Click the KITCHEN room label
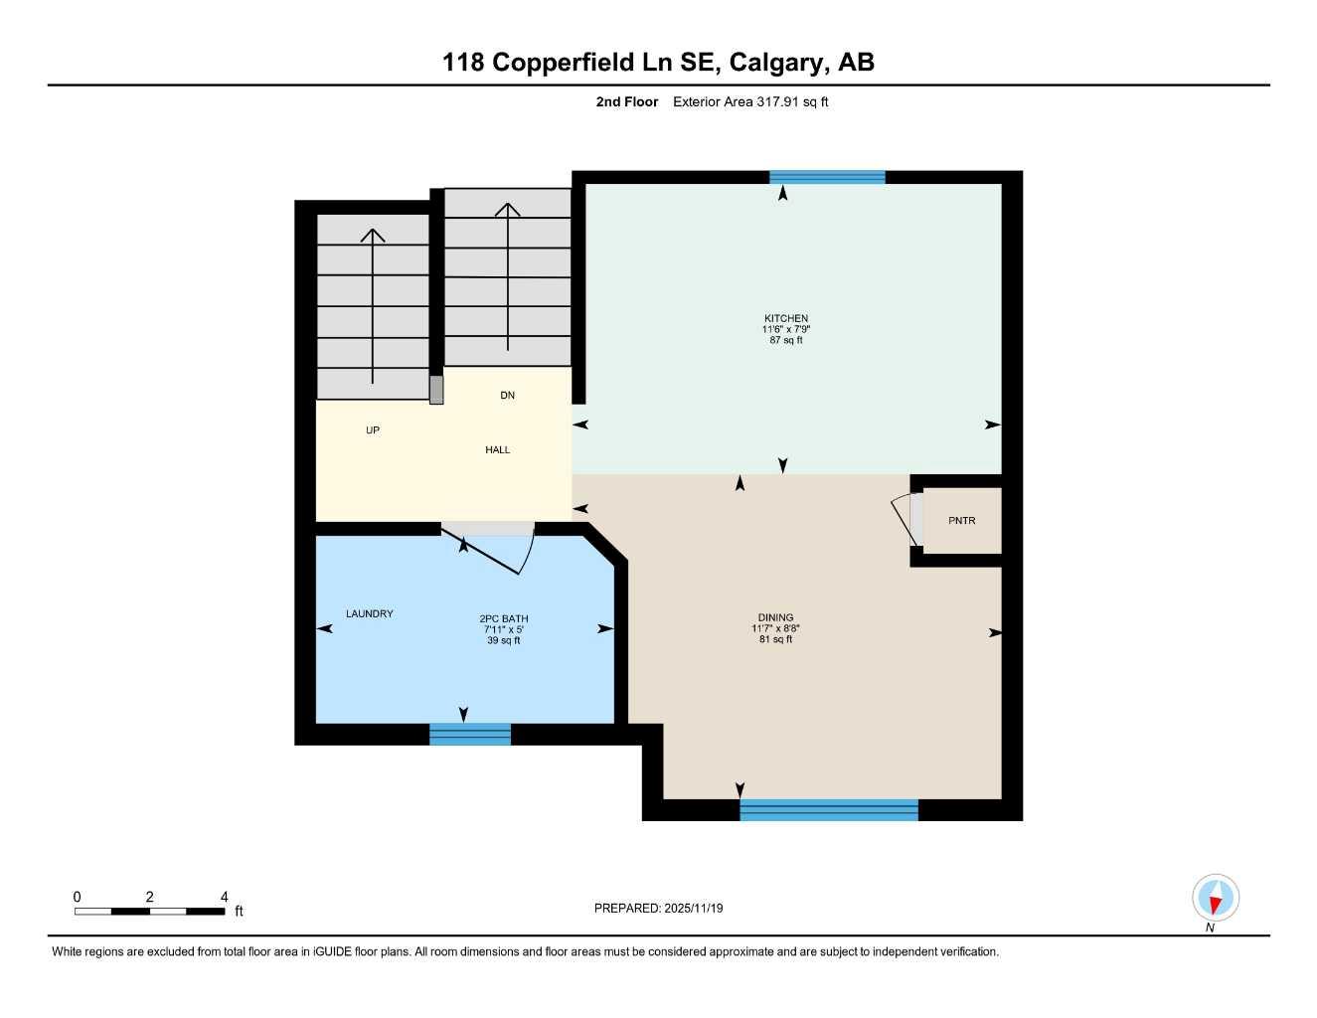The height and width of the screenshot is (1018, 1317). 785,318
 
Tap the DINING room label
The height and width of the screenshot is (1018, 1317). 775,617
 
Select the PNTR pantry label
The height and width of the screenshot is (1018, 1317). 961,521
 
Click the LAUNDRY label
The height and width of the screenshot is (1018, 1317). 369,614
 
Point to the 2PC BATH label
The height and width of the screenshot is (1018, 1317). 504,618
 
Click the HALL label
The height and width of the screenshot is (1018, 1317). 497,450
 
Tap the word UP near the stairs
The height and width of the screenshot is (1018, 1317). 373,430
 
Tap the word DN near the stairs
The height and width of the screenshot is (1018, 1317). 507,396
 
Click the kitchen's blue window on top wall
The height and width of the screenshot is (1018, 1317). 827,178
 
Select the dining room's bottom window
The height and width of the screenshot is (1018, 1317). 829,809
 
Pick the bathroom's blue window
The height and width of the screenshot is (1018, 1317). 470,735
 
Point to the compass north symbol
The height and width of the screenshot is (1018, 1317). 1215,899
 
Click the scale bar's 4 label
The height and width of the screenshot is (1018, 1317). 225,897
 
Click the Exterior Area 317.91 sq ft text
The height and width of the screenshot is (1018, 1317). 750,101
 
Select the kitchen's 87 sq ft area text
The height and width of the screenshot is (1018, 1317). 785,340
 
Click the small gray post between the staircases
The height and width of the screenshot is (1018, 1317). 436,390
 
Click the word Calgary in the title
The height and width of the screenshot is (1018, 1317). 776,63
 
